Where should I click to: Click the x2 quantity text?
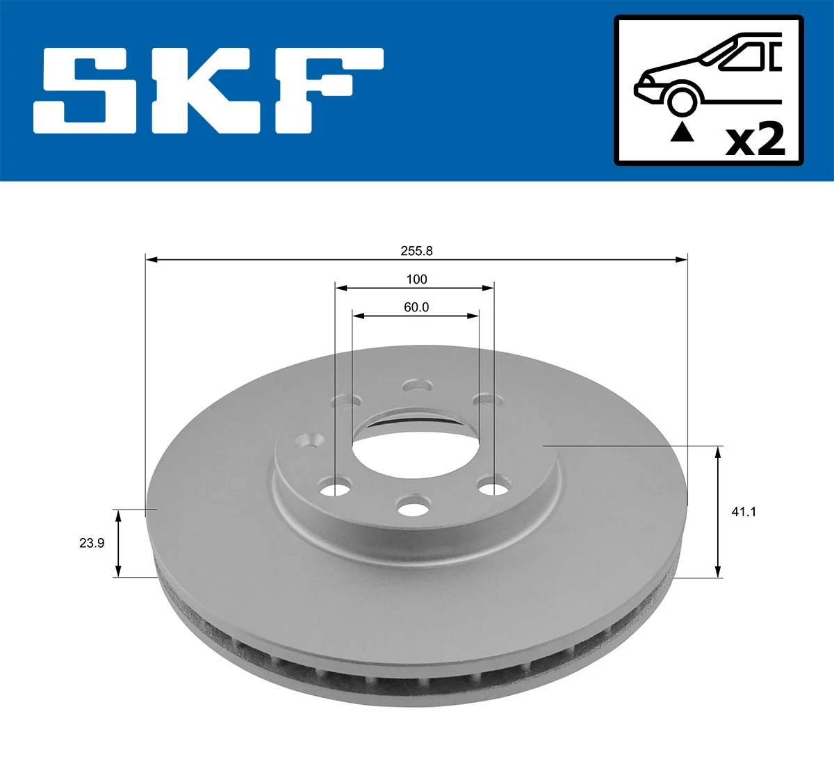point(755,140)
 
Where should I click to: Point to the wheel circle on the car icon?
point(682,99)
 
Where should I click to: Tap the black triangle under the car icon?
point(682,131)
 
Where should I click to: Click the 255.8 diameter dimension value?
point(417,251)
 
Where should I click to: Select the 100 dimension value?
point(416,279)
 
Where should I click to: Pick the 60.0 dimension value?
point(416,307)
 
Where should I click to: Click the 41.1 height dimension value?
point(744,512)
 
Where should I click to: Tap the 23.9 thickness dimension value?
point(92,543)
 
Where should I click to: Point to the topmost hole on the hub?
point(418,385)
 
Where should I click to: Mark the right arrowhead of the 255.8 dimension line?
point(682,260)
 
